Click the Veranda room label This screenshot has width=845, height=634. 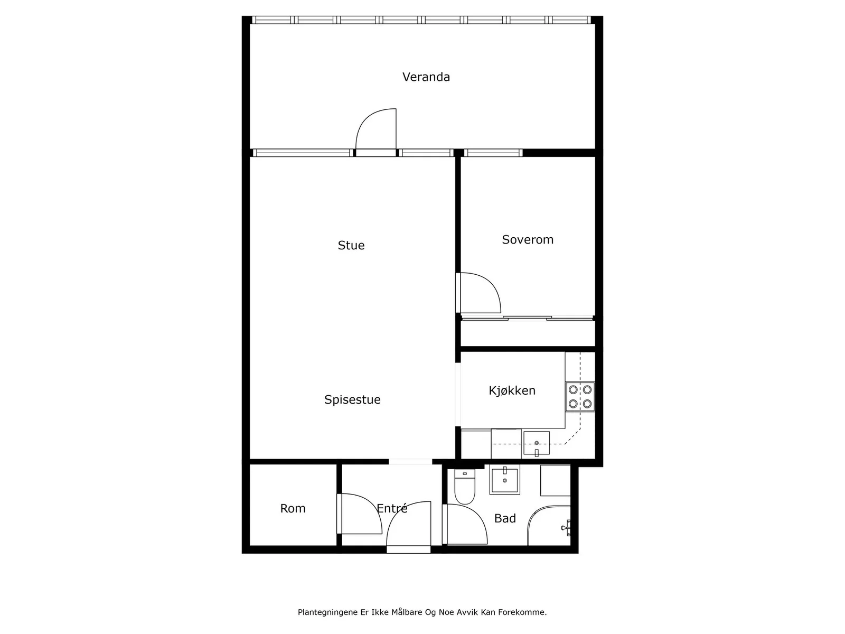pos(426,77)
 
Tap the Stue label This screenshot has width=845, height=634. pos(351,245)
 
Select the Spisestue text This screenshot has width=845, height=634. pos(352,400)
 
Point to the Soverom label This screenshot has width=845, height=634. pos(528,240)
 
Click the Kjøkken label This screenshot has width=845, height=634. pos(512,391)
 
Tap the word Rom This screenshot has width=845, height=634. pos(293,508)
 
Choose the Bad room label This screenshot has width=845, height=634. pos(505,518)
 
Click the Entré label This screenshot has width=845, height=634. pos(392,508)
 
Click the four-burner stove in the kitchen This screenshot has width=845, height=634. pos(580,396)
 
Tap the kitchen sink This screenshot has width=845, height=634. pos(536,444)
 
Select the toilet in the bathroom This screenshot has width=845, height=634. pos(465,487)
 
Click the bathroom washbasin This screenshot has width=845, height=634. pos(505,479)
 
